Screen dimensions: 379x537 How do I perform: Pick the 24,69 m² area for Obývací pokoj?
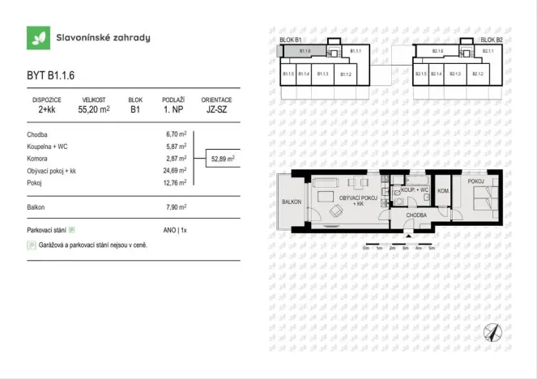coord(176,170)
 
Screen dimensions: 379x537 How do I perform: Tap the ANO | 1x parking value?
coord(175,231)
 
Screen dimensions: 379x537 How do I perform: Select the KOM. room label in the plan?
coord(443,190)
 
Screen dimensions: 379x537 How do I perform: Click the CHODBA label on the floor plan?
coord(416,216)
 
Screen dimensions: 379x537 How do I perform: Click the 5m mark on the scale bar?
coord(432,248)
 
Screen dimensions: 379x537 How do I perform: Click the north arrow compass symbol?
coord(492,332)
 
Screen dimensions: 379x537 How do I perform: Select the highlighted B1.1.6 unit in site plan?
coord(305,51)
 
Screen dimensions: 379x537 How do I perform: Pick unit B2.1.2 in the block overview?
coord(477,74)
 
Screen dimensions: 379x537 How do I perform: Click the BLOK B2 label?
coord(491,39)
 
